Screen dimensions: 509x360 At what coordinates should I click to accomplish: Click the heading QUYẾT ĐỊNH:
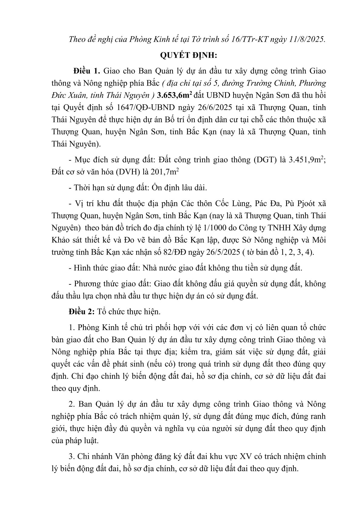tap(180, 56)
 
